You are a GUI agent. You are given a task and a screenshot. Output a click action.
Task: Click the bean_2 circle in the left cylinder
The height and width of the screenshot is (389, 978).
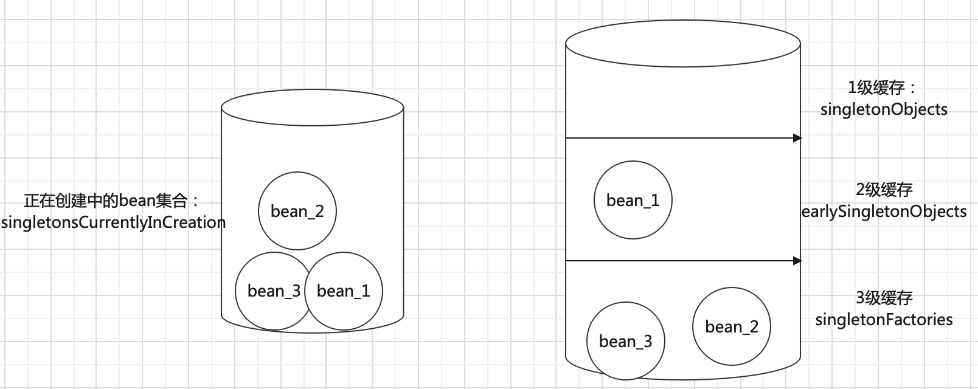297,211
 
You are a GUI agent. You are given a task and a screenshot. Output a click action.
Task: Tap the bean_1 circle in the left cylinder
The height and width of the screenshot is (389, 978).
344,291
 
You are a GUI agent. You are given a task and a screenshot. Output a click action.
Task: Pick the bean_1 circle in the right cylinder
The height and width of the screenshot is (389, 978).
633,200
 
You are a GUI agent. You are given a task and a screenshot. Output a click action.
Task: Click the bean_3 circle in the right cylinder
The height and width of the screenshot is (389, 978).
625,341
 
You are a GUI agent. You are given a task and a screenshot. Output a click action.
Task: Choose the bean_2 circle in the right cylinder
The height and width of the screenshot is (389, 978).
731,326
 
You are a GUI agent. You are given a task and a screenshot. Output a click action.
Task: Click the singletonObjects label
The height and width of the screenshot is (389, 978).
884,109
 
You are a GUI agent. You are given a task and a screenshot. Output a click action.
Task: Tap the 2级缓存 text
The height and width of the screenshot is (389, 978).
884,190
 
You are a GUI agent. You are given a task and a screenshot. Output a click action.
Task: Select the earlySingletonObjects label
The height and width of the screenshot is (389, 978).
885,212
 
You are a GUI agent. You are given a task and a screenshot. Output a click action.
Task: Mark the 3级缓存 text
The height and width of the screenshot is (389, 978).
884,298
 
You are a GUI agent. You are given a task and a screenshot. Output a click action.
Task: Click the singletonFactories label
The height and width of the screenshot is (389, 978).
884,319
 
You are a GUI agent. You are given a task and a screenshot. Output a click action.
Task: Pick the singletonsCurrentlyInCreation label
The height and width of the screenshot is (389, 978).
114,222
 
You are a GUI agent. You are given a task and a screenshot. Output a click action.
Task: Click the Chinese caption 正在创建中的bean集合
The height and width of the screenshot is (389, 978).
112,201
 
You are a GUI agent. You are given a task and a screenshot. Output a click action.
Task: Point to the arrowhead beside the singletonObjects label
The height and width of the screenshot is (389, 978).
798,138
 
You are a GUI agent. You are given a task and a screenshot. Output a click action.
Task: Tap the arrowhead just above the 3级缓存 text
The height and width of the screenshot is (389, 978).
798,261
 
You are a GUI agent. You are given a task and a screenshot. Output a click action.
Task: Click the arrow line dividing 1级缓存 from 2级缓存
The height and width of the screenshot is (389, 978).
681,138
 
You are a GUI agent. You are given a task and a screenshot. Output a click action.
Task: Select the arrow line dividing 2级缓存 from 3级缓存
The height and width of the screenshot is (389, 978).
681,261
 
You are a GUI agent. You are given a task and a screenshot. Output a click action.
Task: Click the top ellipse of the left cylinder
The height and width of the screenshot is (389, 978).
313,109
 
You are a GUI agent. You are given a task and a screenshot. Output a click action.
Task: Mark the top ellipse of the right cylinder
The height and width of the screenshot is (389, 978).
683,44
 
